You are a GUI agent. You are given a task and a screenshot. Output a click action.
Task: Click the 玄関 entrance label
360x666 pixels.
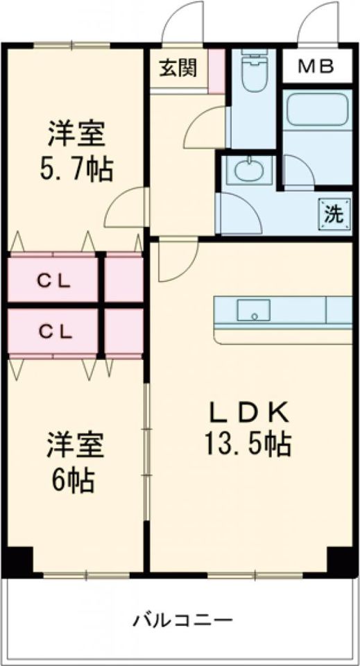point(178,68)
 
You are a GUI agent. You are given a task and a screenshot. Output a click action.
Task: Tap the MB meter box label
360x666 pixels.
point(316,67)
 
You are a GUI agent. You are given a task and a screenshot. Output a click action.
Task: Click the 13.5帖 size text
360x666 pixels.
point(248,442)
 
